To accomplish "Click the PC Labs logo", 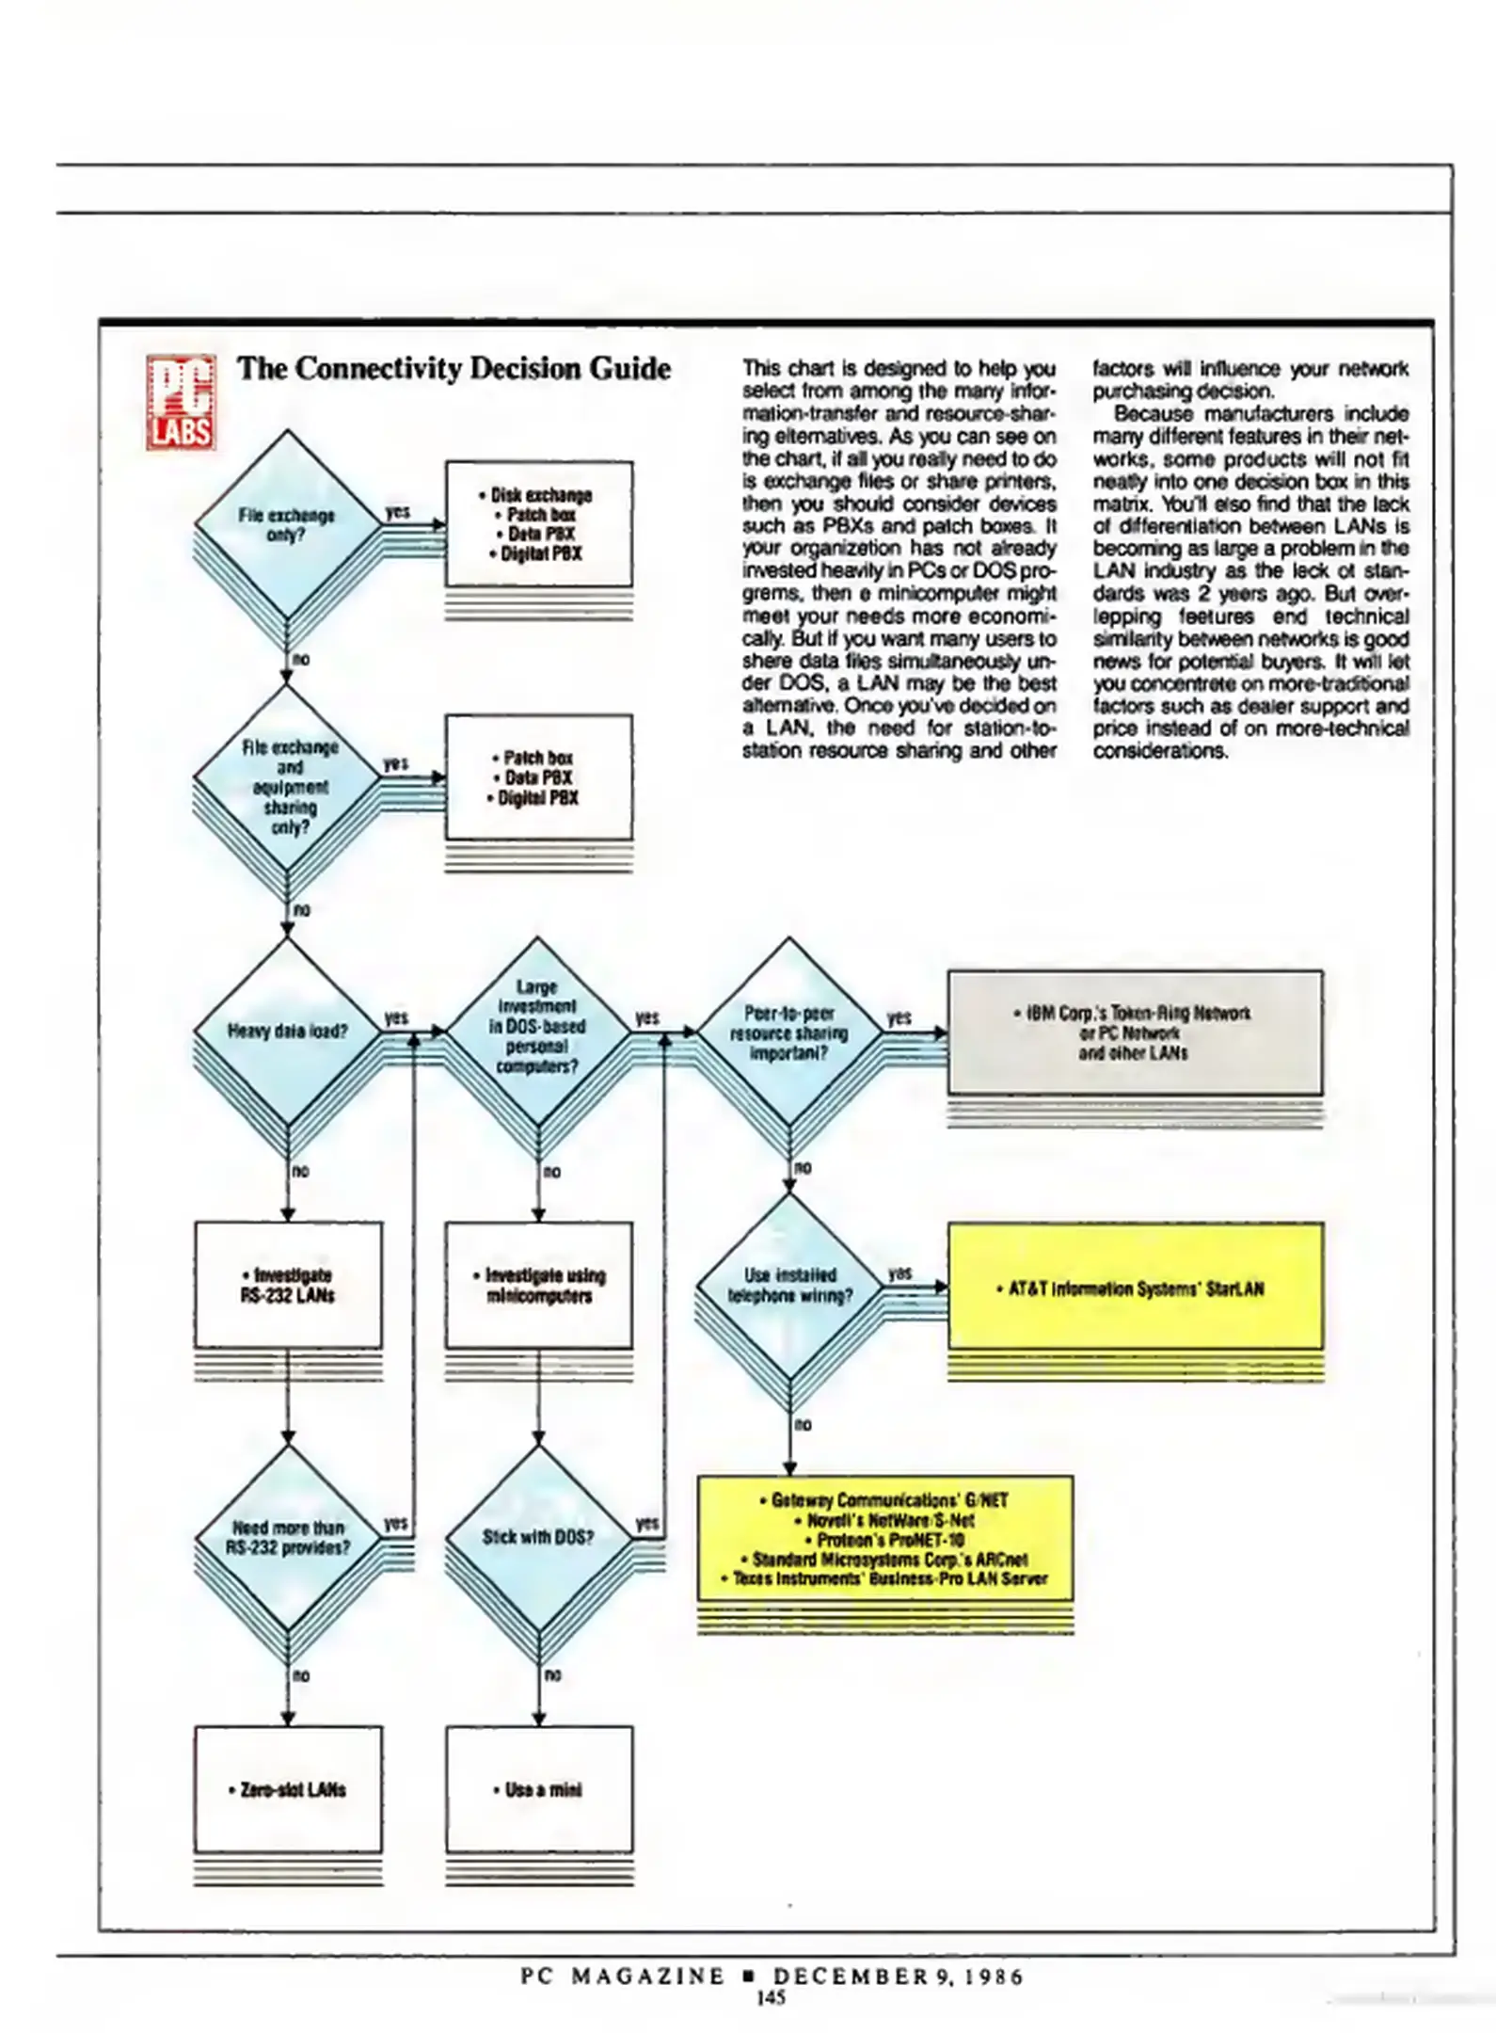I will (x=181, y=402).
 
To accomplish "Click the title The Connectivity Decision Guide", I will (x=454, y=368).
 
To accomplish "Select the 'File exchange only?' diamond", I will (x=287, y=524).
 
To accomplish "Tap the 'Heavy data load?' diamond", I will (x=287, y=1032).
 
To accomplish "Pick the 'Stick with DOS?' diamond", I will (x=538, y=1537).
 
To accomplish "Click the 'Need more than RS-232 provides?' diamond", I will (x=287, y=1537).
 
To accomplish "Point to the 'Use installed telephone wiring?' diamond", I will (x=789, y=1286).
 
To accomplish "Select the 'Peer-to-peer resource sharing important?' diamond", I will (x=789, y=1033).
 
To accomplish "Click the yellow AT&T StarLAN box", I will (x=1135, y=1286).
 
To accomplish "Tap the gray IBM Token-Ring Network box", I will (x=1135, y=1033).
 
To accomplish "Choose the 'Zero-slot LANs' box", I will (x=288, y=1789).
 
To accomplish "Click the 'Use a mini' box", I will (x=538, y=1789).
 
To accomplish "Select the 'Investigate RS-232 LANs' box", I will (x=288, y=1285).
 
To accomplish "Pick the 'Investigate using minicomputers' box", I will (x=538, y=1285).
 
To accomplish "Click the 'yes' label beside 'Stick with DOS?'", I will (x=647, y=1522).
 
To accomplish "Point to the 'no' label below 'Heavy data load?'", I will (x=300, y=1171).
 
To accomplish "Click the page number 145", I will (x=771, y=1998).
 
